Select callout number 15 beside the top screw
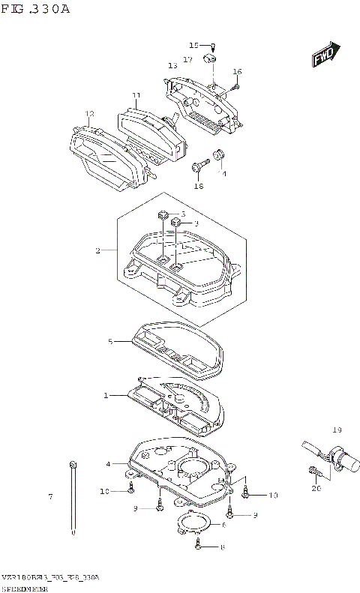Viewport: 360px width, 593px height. (x=193, y=45)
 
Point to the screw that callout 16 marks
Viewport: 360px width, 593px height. (x=229, y=88)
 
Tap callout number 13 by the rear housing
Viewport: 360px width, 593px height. (x=172, y=65)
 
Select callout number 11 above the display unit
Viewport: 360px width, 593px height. (x=136, y=96)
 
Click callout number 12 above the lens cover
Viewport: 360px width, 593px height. (x=89, y=114)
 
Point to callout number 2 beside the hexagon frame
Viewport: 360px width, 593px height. (x=97, y=250)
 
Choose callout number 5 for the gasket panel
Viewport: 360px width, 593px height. (x=109, y=342)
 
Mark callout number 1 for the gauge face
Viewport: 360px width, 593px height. (x=106, y=394)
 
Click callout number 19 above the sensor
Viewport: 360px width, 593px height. (x=337, y=430)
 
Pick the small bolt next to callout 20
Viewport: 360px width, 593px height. (x=314, y=472)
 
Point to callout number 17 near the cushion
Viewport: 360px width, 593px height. (x=187, y=58)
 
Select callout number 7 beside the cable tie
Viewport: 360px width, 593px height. (x=50, y=497)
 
